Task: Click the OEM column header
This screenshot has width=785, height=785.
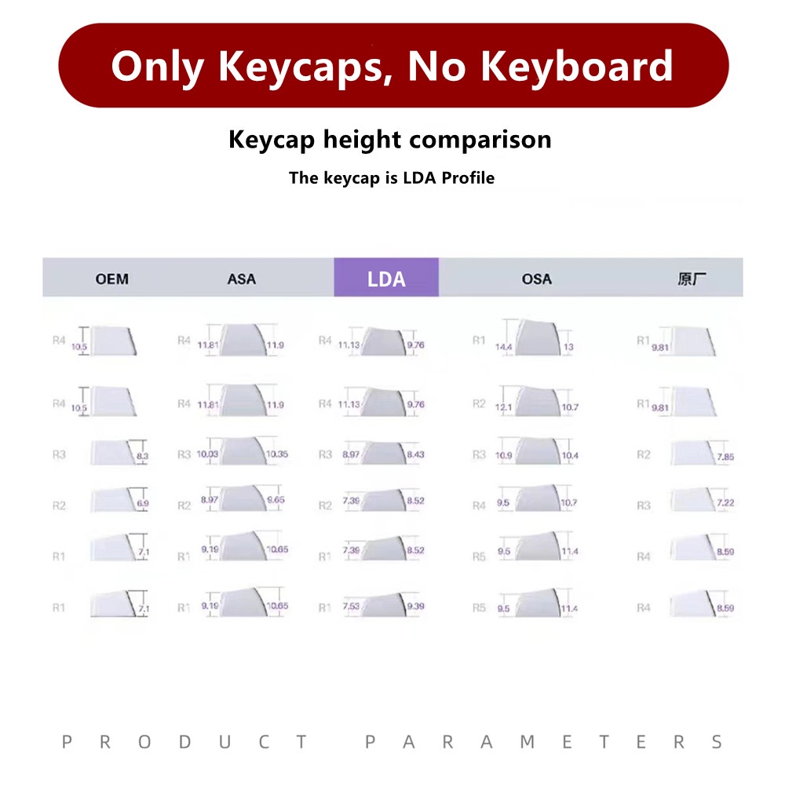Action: point(112,279)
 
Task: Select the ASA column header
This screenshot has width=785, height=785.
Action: point(241,279)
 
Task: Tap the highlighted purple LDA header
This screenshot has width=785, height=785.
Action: point(386,279)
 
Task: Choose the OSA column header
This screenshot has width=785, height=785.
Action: point(536,279)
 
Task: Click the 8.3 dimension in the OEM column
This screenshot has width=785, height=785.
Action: point(143,455)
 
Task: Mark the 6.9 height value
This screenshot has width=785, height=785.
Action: point(143,502)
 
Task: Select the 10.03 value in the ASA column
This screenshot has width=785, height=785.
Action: point(207,455)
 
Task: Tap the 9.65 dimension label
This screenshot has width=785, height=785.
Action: point(276,500)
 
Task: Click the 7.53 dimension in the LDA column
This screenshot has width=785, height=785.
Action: point(350,607)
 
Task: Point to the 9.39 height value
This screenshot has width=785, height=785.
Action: point(415,607)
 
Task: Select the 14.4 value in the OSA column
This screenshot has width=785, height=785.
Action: point(503,346)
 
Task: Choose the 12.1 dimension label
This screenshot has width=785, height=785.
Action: point(503,407)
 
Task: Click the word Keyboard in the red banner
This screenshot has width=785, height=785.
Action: point(577,66)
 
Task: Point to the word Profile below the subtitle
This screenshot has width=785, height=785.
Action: point(468,178)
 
